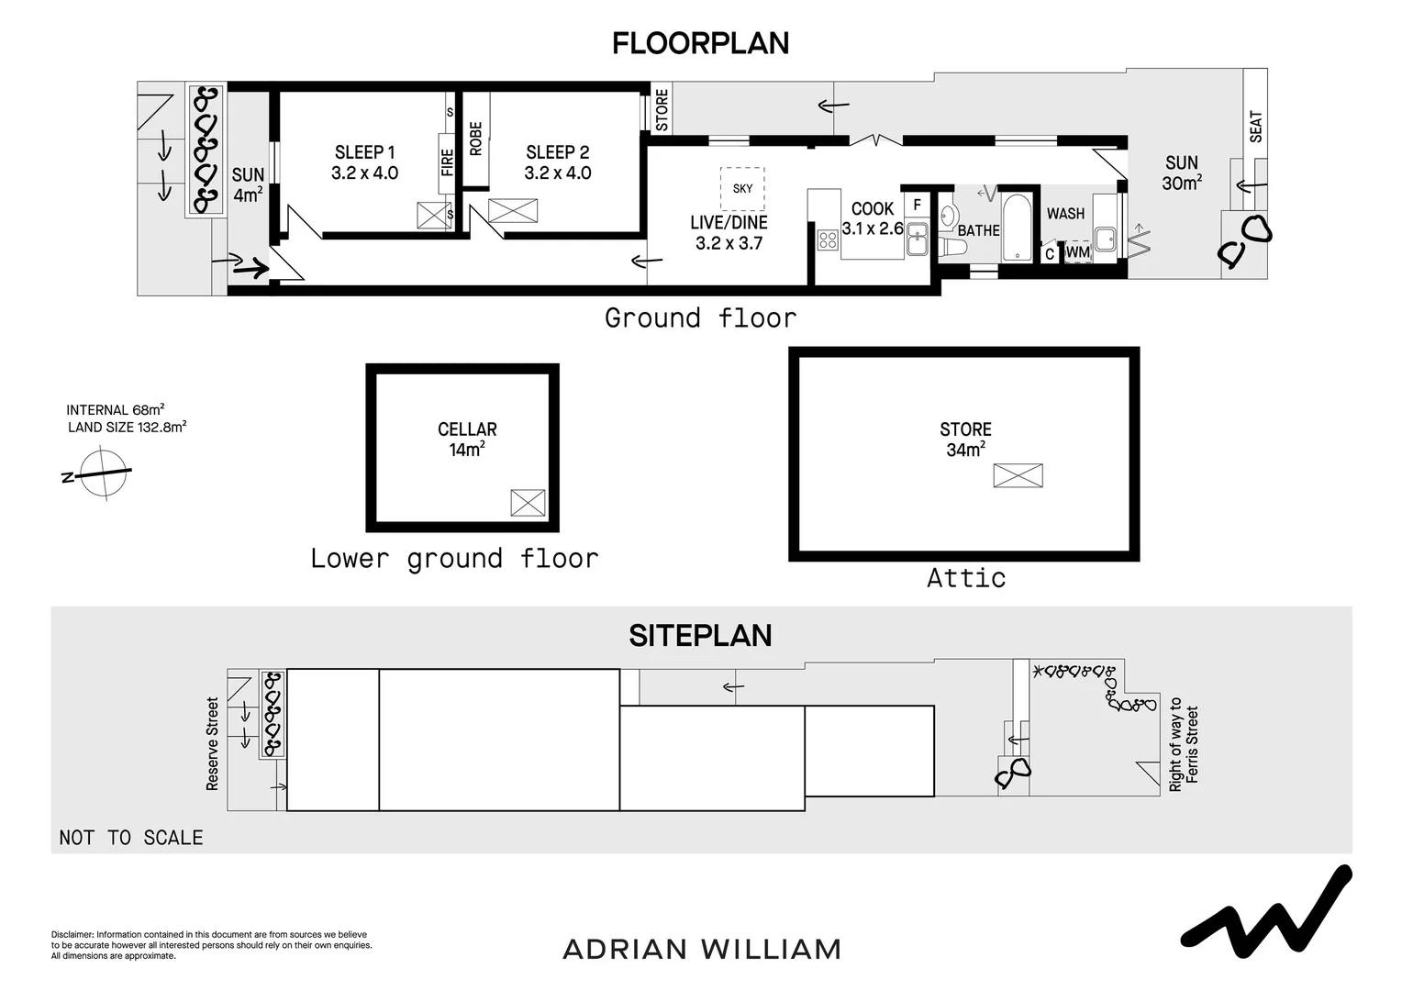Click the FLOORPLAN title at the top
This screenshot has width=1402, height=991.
click(x=700, y=43)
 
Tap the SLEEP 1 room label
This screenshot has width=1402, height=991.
click(x=364, y=162)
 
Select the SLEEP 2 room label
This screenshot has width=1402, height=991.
click(x=557, y=162)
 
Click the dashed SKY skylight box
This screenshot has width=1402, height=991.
click(x=742, y=188)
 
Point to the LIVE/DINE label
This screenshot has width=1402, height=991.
click(x=729, y=223)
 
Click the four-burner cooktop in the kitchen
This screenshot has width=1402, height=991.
click(x=828, y=240)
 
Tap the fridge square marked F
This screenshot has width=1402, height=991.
click(x=917, y=205)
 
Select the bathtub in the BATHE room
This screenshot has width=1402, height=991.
click(x=1018, y=227)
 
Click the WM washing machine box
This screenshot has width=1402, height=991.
click(x=1078, y=251)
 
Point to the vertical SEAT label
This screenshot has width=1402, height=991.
click(x=1256, y=127)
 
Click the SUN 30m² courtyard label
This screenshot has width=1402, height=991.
click(x=1182, y=173)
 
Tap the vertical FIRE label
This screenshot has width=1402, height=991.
click(x=447, y=162)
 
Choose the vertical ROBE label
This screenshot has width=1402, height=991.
click(x=475, y=139)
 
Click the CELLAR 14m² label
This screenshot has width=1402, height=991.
click(x=467, y=439)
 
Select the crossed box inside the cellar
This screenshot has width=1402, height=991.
click(x=528, y=503)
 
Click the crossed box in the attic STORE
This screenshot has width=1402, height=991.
click(x=1018, y=475)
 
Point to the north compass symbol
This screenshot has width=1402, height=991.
click(x=102, y=474)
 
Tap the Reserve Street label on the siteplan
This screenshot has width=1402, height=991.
click(x=212, y=743)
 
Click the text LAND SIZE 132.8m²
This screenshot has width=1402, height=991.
click(x=128, y=427)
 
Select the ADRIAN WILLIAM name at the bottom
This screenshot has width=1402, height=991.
click(x=702, y=949)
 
